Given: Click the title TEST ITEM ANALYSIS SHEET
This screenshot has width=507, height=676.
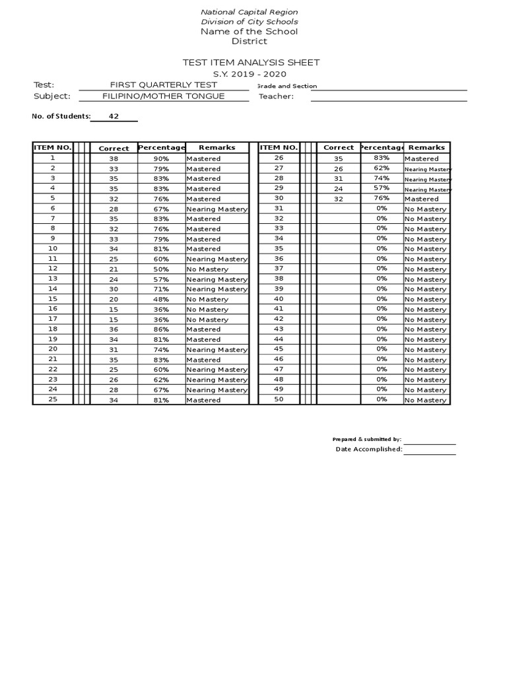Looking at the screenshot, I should tap(251, 63).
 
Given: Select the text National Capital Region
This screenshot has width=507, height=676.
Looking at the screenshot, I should tap(249, 12).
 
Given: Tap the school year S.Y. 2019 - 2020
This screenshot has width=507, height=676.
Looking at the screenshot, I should tap(249, 74).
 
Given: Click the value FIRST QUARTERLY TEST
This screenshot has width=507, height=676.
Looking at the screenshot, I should tap(163, 85).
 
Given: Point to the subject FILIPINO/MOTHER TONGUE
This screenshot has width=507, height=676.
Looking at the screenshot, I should tap(163, 96).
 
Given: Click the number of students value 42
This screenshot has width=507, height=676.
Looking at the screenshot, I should tap(114, 117).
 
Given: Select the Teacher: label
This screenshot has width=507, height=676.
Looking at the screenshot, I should tap(276, 97).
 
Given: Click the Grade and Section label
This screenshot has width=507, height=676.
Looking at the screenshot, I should tap(287, 86).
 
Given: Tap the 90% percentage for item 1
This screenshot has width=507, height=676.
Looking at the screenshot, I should tap(161, 158).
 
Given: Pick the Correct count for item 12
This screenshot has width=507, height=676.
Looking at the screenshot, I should tap(114, 269).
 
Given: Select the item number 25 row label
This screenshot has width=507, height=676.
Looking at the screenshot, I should tap(53, 399).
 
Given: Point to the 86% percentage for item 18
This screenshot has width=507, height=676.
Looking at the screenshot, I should tap(161, 329).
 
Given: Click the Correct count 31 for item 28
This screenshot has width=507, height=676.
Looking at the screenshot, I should tap(339, 179).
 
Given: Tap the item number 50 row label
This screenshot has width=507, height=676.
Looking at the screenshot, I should tap(278, 399).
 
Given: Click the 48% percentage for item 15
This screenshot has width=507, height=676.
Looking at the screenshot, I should tap(161, 299).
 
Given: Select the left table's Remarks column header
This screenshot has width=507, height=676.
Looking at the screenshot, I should tap(217, 148).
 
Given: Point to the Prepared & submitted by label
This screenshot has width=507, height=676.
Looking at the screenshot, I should tap(366, 439).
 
